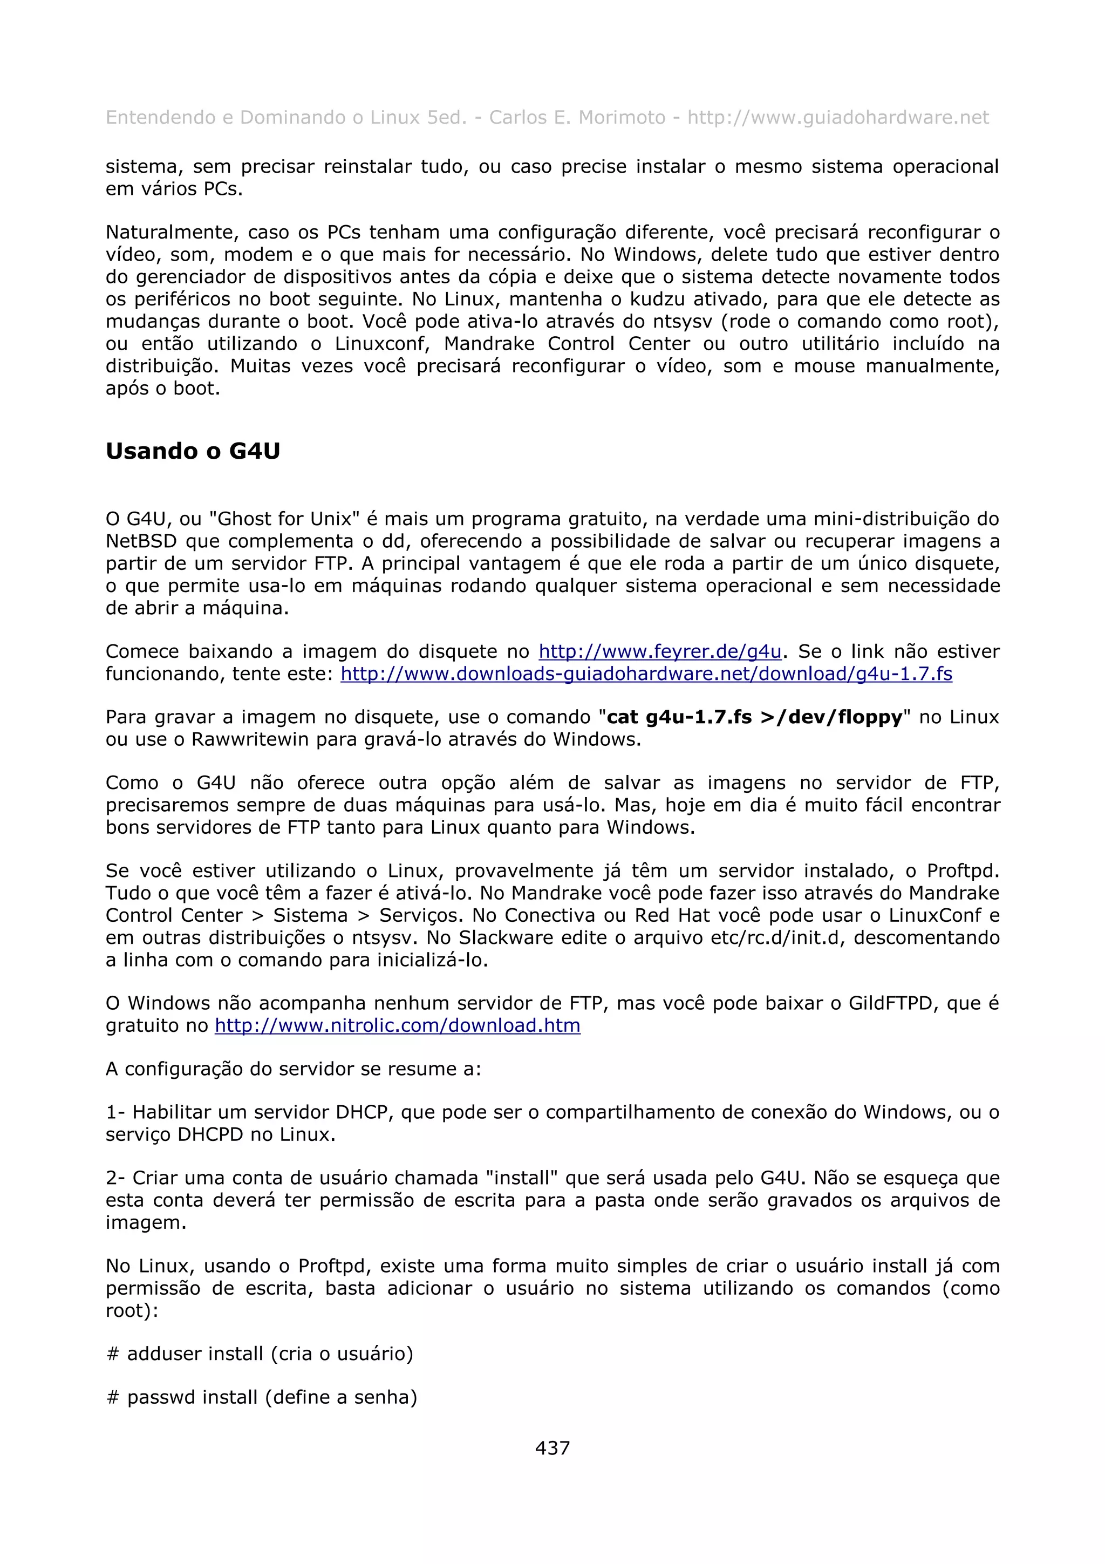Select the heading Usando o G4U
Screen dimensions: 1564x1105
[x=193, y=451]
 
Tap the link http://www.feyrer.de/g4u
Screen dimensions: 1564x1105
[x=660, y=651]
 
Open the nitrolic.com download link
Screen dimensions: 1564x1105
[x=398, y=1025]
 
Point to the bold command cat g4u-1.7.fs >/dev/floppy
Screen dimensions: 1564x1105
[x=754, y=717]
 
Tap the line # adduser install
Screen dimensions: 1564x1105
[x=260, y=1354]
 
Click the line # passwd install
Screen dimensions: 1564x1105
[x=262, y=1397]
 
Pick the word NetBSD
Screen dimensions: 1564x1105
[x=141, y=541]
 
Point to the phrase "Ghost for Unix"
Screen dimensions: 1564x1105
[x=284, y=519]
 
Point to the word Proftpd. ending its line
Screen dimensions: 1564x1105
[x=963, y=871]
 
